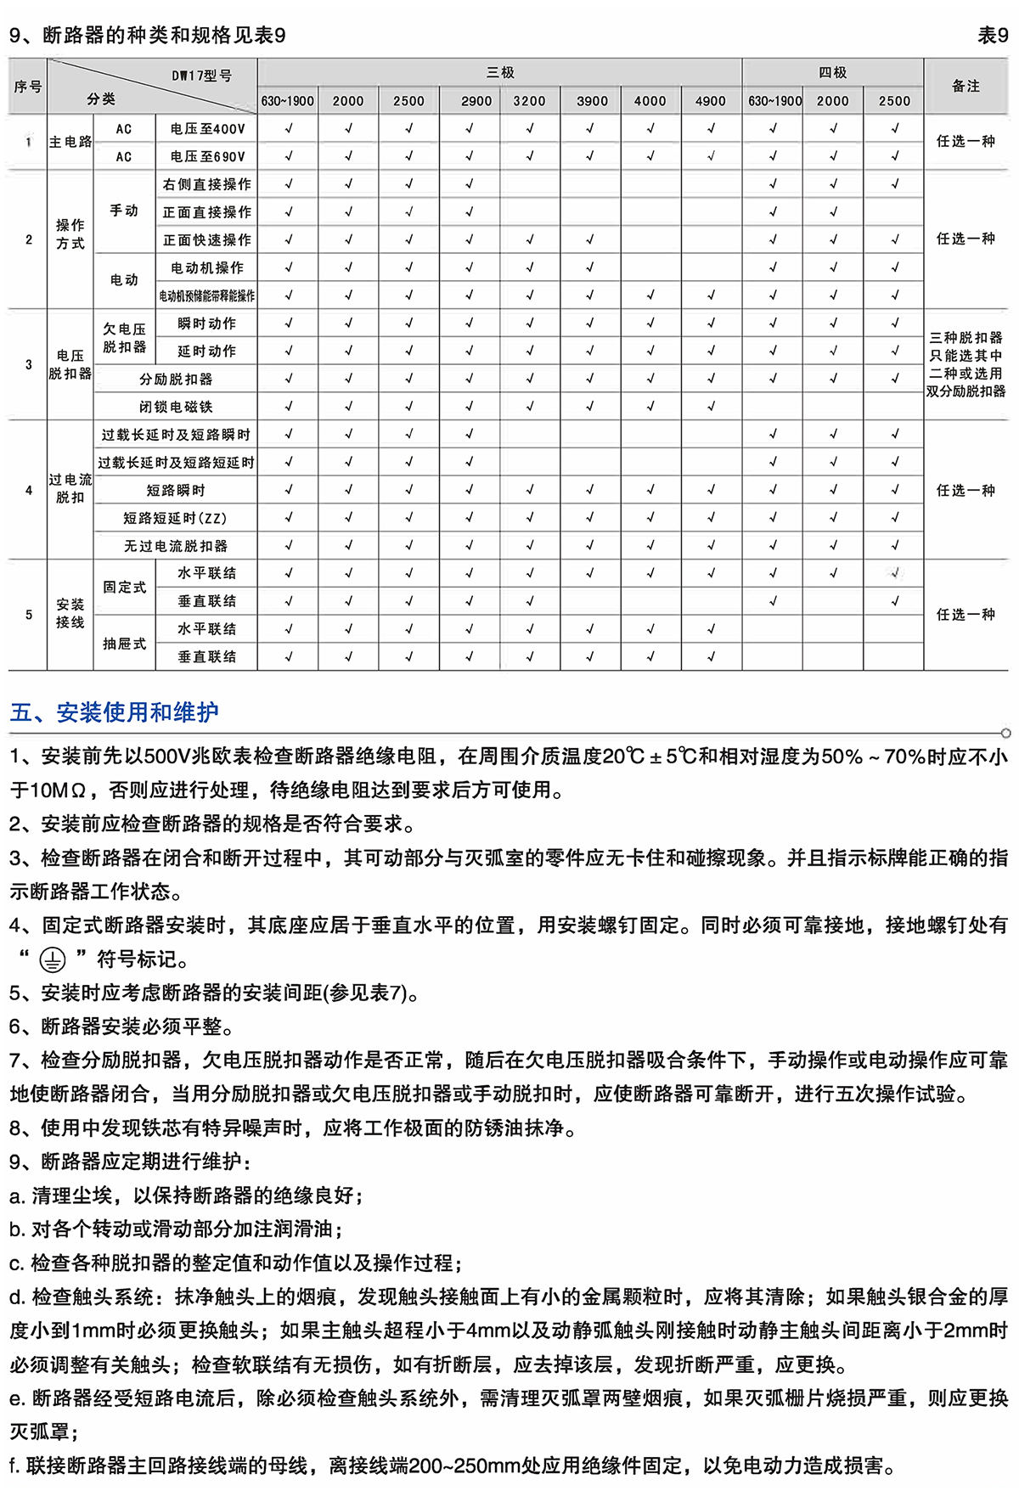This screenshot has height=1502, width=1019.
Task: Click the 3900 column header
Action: tap(592, 101)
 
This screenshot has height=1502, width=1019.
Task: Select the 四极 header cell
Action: tap(832, 73)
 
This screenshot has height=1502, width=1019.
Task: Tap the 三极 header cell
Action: tap(500, 73)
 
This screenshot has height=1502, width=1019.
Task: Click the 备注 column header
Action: tap(966, 86)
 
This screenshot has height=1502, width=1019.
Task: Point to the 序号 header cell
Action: tap(28, 87)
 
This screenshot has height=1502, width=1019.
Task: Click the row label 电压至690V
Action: tap(207, 156)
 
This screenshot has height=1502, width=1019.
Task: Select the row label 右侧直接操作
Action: tap(207, 184)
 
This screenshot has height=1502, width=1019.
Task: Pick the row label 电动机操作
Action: tap(207, 268)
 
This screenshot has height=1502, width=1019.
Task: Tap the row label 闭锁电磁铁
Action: tap(176, 407)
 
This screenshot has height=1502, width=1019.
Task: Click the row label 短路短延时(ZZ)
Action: tap(176, 518)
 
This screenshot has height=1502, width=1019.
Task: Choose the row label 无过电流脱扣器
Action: tap(176, 546)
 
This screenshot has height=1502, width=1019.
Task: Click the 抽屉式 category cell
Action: tap(124, 644)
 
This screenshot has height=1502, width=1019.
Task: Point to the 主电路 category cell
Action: tap(70, 142)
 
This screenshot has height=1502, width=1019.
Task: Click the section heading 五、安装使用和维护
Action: tap(114, 712)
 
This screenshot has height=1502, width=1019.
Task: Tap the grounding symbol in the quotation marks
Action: tap(53, 960)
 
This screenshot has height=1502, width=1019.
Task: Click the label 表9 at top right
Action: tap(993, 35)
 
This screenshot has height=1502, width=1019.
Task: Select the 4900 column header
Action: tap(711, 101)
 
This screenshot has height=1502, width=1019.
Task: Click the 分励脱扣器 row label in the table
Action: tap(176, 379)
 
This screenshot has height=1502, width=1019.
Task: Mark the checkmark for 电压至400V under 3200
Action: tap(530, 128)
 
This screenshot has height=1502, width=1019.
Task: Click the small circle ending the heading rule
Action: tap(1006, 733)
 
